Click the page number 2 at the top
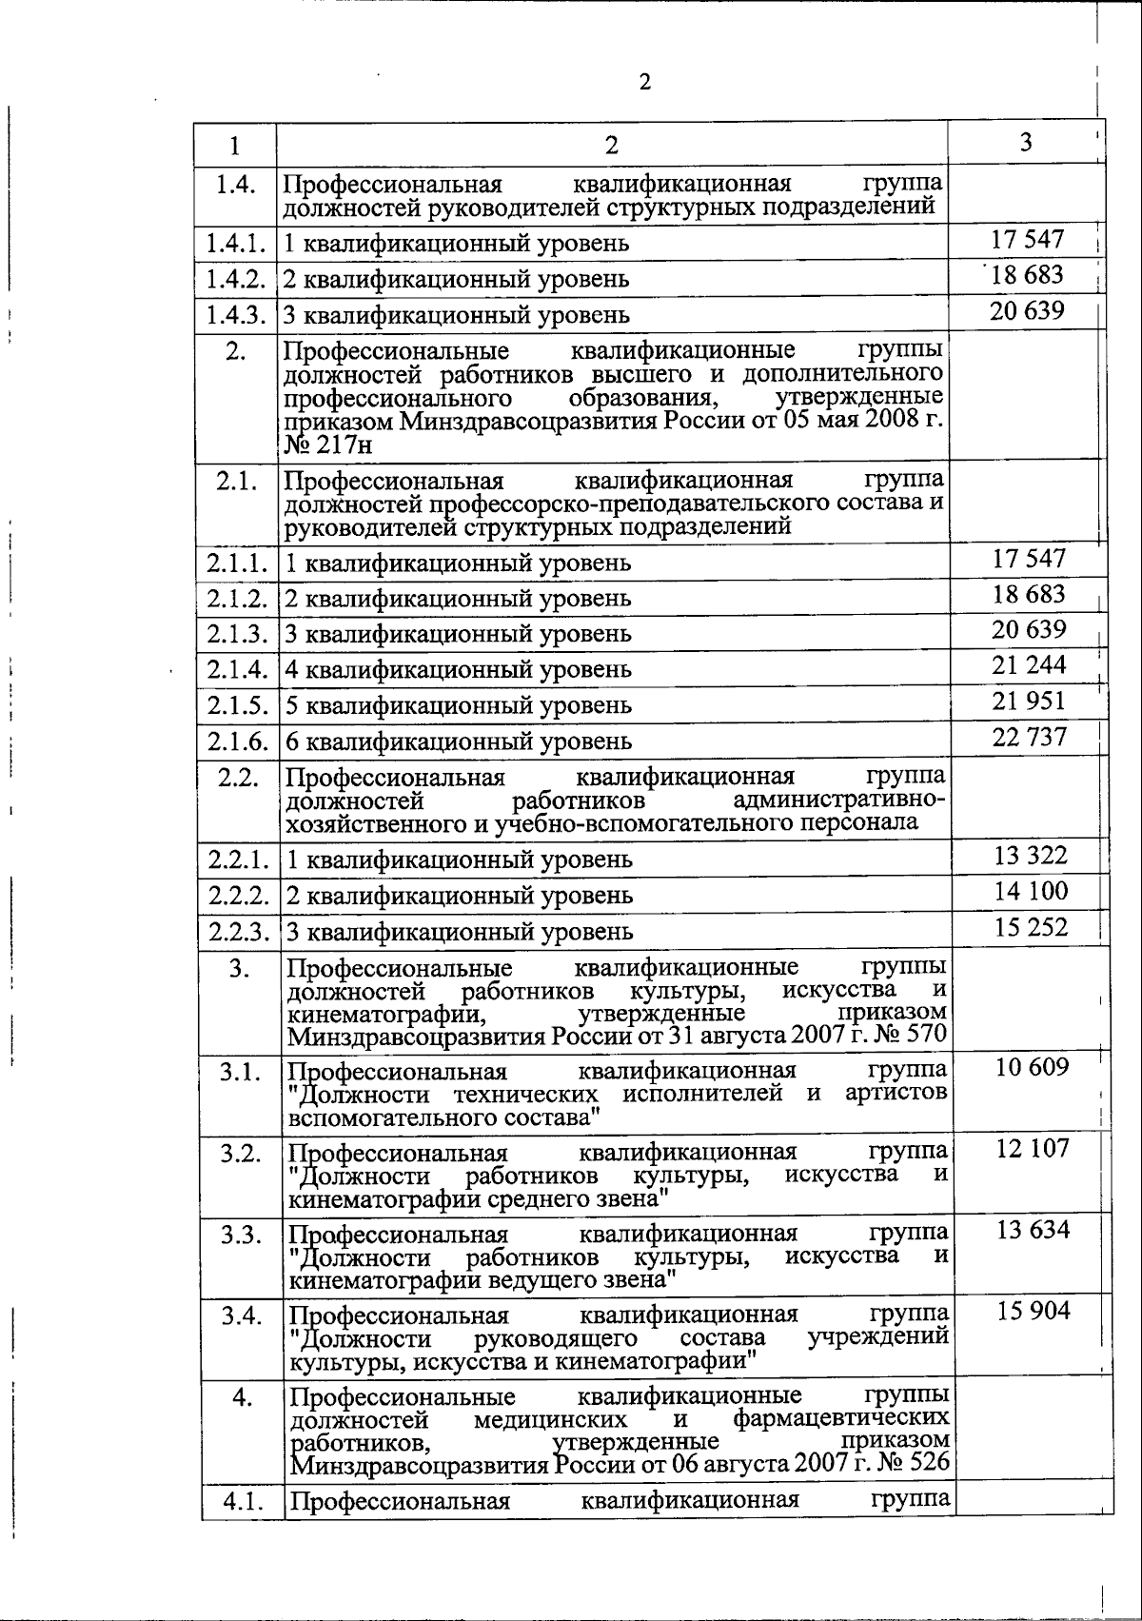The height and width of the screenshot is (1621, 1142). tap(644, 82)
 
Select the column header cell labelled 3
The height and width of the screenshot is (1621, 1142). tap(1025, 142)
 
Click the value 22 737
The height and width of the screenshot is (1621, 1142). tap(1030, 736)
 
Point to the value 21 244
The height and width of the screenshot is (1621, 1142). tap(1029, 664)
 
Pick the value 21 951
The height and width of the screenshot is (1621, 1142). tap(1029, 701)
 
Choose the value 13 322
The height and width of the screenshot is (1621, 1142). tap(1031, 855)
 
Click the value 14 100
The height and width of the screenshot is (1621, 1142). tap(1031, 891)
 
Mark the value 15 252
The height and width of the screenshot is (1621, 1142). tap(1031, 926)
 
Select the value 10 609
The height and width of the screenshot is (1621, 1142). tap(1033, 1067)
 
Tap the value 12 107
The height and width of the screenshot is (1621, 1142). tap(1033, 1148)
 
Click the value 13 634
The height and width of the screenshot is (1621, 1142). tap(1033, 1230)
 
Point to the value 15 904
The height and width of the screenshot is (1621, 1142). tap(1033, 1312)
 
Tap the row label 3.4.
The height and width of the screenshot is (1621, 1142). tap(241, 1316)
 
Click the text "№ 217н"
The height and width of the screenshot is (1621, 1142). tap(328, 444)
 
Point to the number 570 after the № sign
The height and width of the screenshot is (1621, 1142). tap(925, 1034)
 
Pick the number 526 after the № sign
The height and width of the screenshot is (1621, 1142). tap(927, 1460)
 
